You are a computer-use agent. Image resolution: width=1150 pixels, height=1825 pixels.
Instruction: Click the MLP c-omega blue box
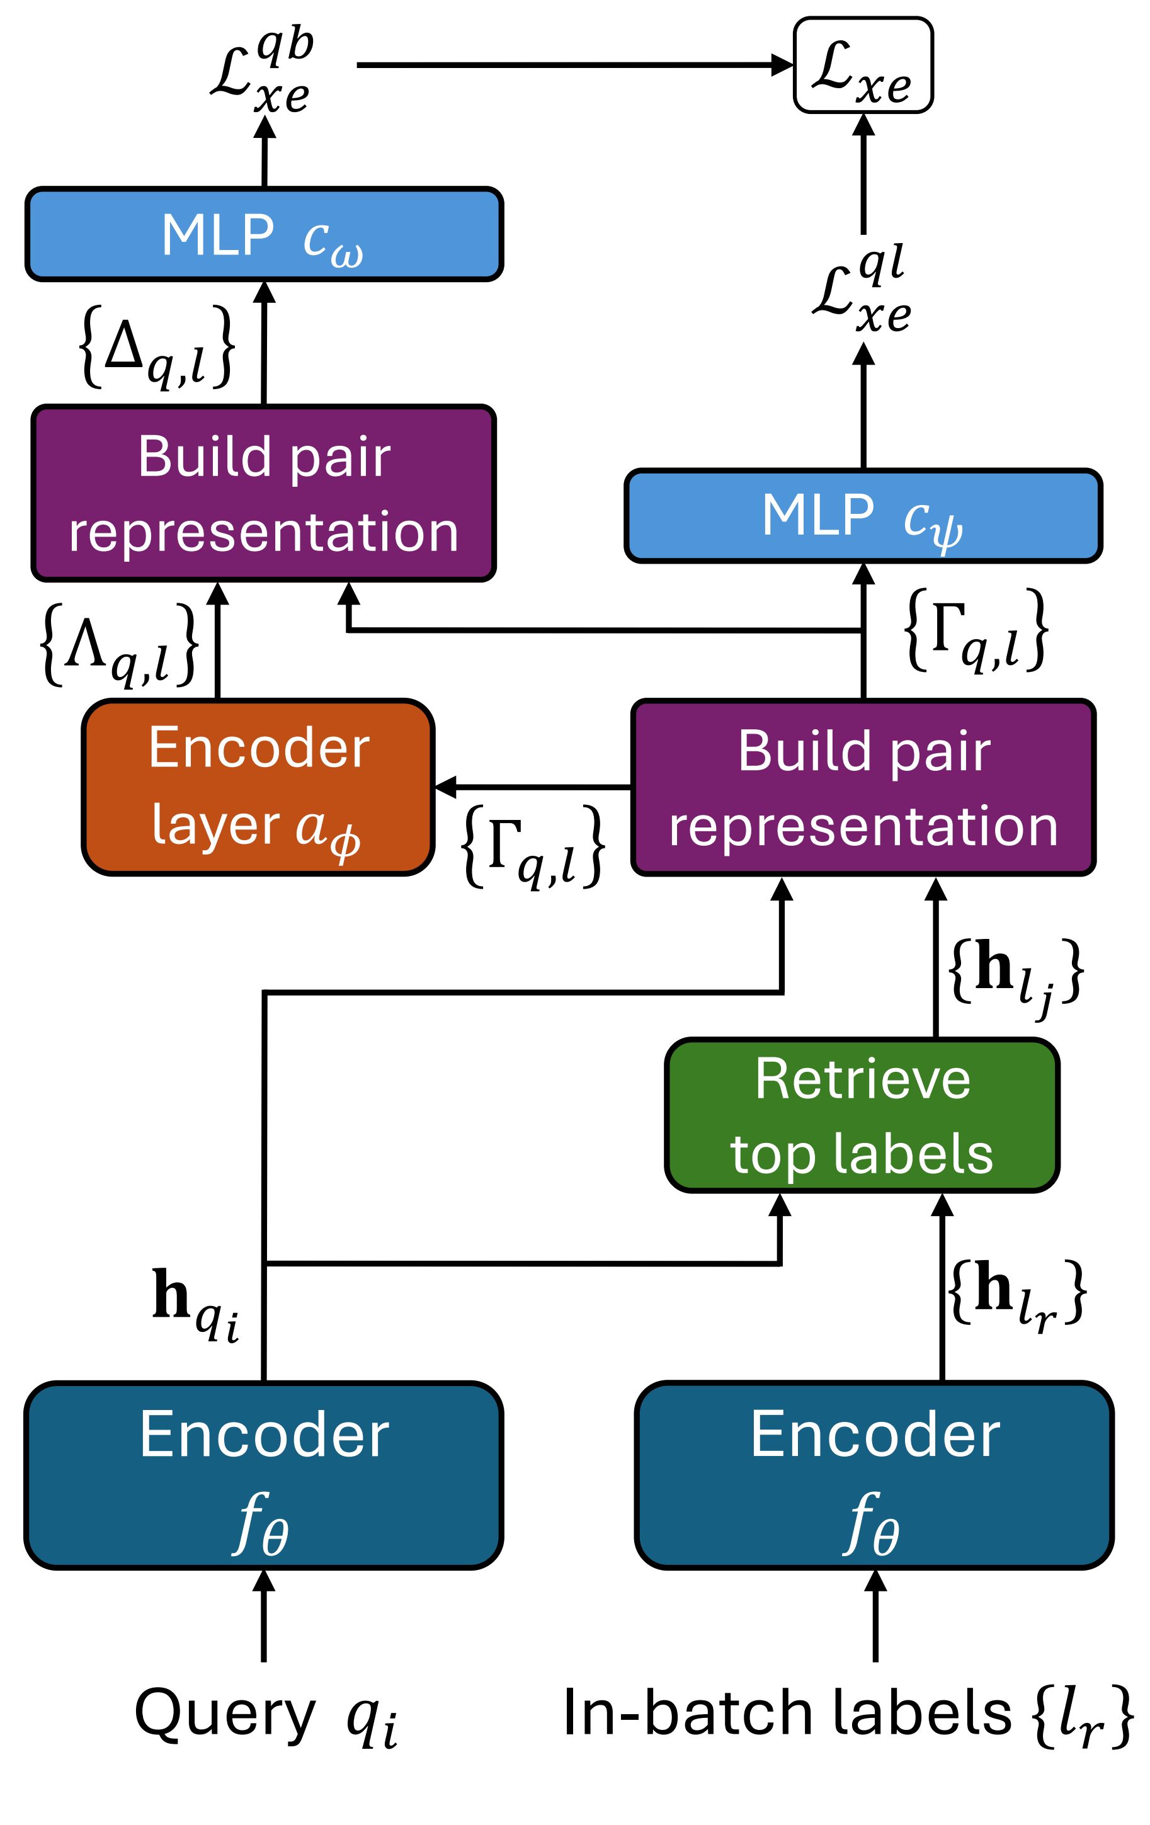pos(264,234)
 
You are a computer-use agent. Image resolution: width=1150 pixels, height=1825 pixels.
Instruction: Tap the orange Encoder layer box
pos(258,787)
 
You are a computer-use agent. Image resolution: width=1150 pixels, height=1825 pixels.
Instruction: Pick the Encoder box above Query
pos(264,1475)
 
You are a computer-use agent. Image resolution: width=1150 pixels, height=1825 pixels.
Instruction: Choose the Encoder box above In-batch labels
pos(874,1475)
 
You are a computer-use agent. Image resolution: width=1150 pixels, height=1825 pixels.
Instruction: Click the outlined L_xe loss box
pos(863,66)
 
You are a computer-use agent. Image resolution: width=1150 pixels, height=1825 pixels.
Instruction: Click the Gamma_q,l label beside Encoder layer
pos(533,846)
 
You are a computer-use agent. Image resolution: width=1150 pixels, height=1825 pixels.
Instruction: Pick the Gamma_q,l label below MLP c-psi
pos(976,629)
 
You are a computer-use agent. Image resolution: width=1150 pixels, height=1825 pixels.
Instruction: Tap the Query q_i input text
pos(265,1714)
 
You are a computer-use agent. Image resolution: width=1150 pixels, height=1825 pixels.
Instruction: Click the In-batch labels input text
pos(848,1714)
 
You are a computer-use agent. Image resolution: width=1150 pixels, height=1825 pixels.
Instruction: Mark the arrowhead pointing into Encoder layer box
pos(446,787)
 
